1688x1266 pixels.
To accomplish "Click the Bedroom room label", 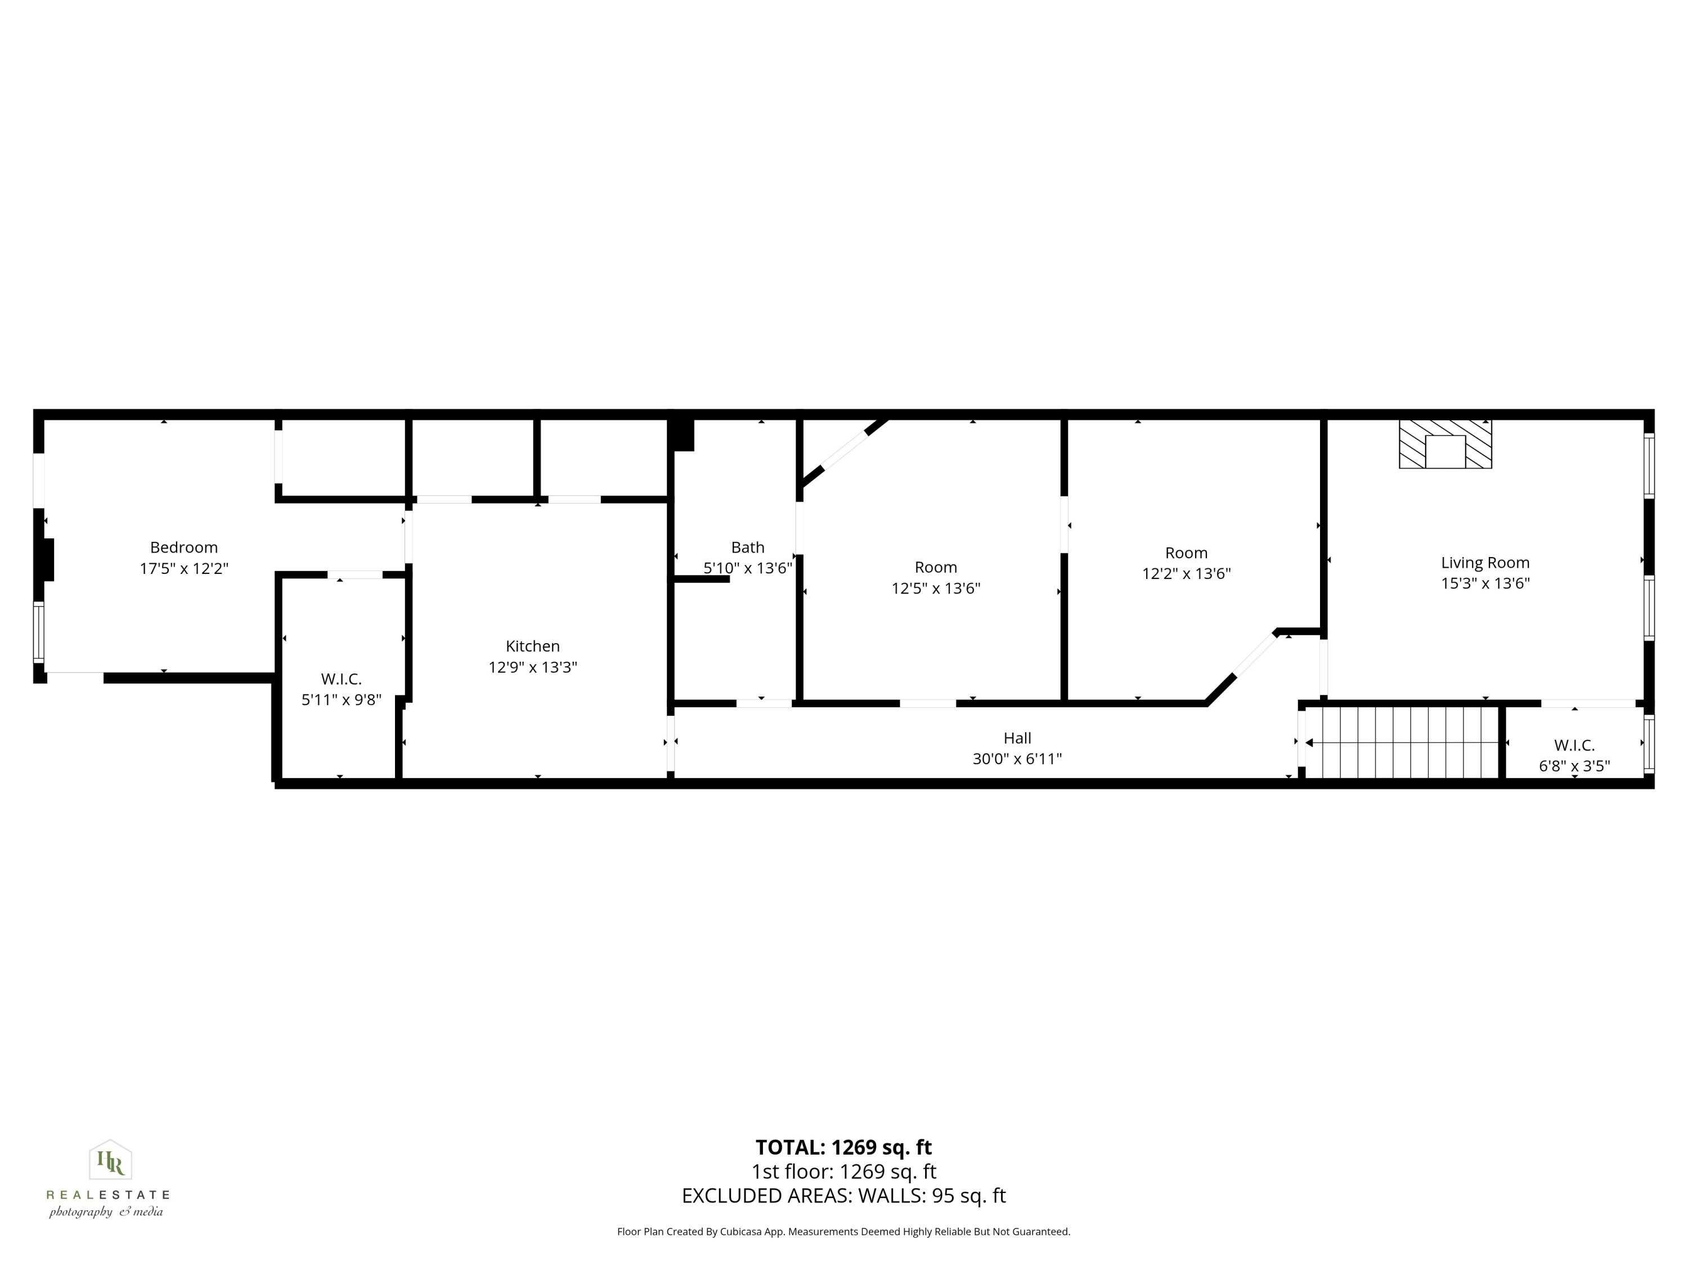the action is [184, 547].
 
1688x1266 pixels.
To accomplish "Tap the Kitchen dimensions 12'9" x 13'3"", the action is [533, 667].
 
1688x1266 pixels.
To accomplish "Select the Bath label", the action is [748, 547].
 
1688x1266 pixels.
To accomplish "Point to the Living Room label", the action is [1485, 563].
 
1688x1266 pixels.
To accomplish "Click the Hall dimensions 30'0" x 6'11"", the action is [1017, 758].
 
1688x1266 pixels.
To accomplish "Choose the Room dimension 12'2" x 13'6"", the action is [1186, 574].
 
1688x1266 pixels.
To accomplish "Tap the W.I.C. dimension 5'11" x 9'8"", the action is [341, 700].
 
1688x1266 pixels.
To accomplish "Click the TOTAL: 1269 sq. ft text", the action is [843, 1147].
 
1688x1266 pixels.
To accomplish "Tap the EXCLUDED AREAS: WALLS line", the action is [843, 1196].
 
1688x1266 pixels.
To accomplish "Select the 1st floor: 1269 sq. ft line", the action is [843, 1171].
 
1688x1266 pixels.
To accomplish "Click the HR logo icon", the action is [111, 1161].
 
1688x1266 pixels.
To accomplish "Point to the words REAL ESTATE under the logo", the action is [107, 1195].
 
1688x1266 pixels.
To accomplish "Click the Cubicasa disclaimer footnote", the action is [843, 1232].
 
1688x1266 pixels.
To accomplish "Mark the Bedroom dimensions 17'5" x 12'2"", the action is [184, 568].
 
